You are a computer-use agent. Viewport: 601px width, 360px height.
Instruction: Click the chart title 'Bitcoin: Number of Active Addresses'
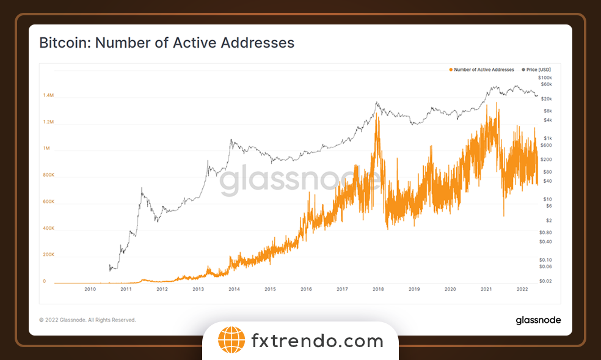tap(167, 43)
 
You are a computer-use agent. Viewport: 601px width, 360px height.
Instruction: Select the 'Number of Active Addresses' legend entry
tap(484, 70)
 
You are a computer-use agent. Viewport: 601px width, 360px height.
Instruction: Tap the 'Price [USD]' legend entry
tap(539, 70)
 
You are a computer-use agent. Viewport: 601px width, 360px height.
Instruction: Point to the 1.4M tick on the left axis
tap(48, 96)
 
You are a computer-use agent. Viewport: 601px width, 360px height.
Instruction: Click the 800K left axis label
tap(48, 175)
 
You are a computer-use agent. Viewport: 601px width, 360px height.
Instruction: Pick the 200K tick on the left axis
tap(48, 255)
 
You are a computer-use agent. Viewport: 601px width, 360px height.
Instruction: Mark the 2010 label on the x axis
tap(90, 289)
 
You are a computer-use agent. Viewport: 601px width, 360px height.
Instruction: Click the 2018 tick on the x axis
tap(378, 289)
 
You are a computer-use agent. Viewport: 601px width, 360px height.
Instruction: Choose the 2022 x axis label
tap(522, 289)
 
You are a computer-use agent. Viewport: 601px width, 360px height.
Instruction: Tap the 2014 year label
tap(234, 289)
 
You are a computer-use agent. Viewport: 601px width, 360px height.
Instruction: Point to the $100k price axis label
tap(545, 78)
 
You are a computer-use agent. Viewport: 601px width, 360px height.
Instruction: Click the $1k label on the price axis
tap(547, 138)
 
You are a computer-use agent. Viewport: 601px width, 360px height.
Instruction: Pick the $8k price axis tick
tap(547, 111)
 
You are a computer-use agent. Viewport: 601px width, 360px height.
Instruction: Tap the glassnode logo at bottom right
tap(538, 320)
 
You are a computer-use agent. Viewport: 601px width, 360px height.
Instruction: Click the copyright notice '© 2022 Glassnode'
tap(87, 320)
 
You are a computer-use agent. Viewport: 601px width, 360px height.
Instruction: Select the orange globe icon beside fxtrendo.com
tap(231, 341)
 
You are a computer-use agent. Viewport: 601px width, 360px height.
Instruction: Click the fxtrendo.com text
tap(317, 341)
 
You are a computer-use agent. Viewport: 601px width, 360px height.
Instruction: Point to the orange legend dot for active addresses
tap(451, 70)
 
